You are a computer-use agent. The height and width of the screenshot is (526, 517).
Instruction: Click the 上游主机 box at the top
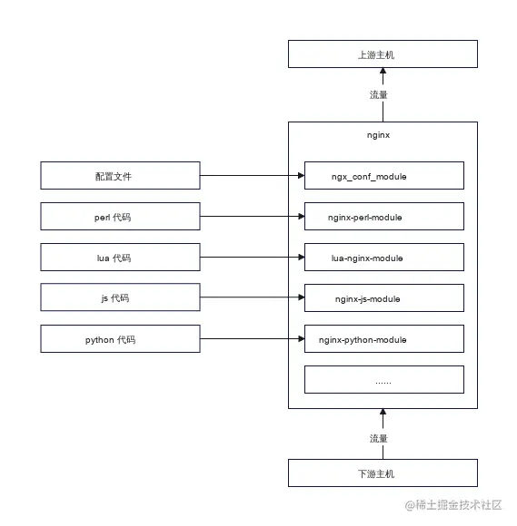click(x=383, y=54)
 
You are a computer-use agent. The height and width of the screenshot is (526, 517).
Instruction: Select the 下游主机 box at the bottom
click(x=383, y=473)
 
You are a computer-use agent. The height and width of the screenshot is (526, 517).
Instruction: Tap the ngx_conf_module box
click(x=383, y=176)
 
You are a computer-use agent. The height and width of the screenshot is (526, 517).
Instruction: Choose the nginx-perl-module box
click(x=383, y=217)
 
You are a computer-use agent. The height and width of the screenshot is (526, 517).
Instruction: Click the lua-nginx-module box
click(x=383, y=258)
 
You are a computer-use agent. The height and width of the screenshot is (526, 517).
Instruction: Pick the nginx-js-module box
click(x=383, y=298)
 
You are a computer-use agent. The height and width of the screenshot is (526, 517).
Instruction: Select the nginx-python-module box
click(x=383, y=339)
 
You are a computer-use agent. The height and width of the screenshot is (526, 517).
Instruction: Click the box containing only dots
click(x=383, y=380)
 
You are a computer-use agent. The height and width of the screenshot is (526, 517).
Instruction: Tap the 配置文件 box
click(x=120, y=176)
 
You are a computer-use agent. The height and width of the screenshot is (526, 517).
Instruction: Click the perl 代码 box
click(x=120, y=217)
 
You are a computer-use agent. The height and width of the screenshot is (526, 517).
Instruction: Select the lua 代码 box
click(x=120, y=258)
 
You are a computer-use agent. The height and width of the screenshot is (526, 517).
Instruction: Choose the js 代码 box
click(x=120, y=298)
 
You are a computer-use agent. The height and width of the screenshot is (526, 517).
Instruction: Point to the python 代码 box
click(x=120, y=339)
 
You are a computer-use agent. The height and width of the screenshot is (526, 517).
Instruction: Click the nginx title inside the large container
click(x=379, y=135)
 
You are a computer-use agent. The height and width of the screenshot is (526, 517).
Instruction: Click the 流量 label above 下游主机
click(x=379, y=438)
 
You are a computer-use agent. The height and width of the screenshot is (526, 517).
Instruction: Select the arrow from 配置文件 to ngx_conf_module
click(x=252, y=176)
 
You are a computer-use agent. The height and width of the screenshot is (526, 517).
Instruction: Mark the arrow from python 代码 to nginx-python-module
click(x=252, y=339)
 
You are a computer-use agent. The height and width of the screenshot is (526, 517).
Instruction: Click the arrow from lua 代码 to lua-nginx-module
click(x=252, y=258)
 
